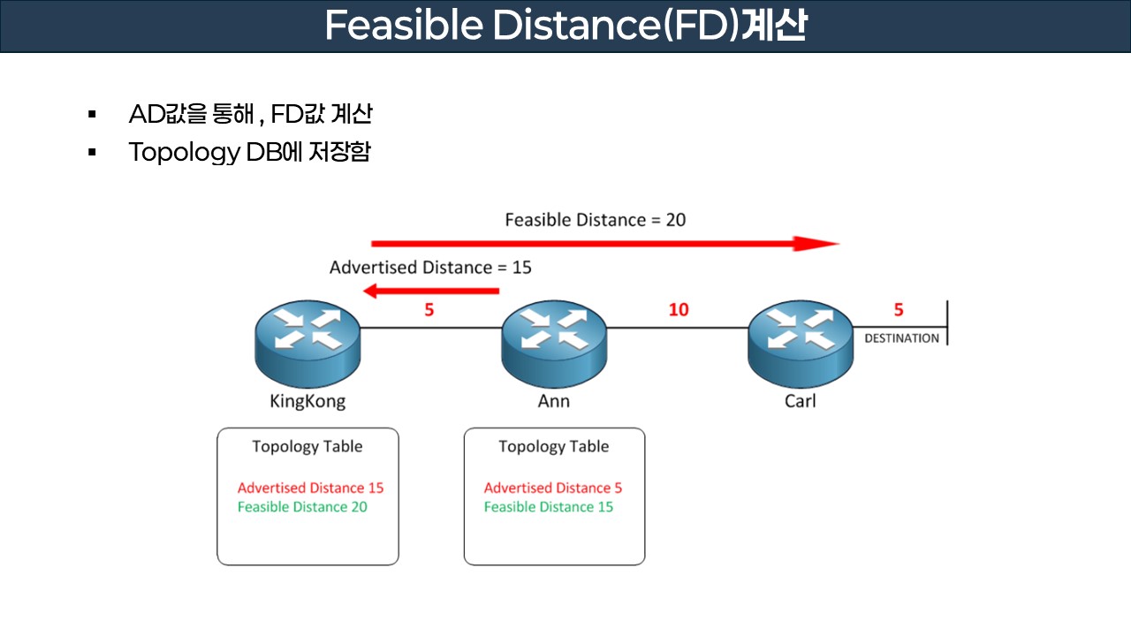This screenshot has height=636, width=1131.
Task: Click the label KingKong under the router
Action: pyautogui.click(x=307, y=401)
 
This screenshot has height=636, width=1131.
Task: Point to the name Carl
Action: pyautogui.click(x=801, y=401)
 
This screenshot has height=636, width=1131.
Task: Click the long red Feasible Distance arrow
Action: pyautogui.click(x=604, y=244)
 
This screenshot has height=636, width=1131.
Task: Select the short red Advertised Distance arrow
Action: pyautogui.click(x=432, y=291)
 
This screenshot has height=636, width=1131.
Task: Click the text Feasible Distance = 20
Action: pyautogui.click(x=595, y=219)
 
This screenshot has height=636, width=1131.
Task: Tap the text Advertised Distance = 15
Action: pyautogui.click(x=430, y=267)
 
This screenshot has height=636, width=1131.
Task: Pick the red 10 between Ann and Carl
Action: pyautogui.click(x=679, y=310)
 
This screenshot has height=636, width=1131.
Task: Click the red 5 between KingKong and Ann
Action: pyautogui.click(x=429, y=310)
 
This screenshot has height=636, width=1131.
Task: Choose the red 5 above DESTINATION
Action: pyautogui.click(x=899, y=310)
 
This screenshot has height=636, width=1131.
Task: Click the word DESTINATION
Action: pyautogui.click(x=901, y=338)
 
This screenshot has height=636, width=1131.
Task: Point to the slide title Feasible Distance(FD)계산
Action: pyautogui.click(x=565, y=26)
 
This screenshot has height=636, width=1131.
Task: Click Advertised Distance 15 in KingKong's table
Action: pyautogui.click(x=310, y=488)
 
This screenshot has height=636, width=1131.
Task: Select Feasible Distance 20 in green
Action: pyautogui.click(x=302, y=507)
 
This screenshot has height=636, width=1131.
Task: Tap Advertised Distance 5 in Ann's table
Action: pyautogui.click(x=553, y=488)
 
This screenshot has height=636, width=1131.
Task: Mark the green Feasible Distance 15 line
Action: pyautogui.click(x=549, y=507)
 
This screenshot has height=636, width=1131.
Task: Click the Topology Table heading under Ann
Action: pyautogui.click(x=554, y=446)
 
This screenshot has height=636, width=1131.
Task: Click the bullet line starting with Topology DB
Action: pyautogui.click(x=249, y=152)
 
